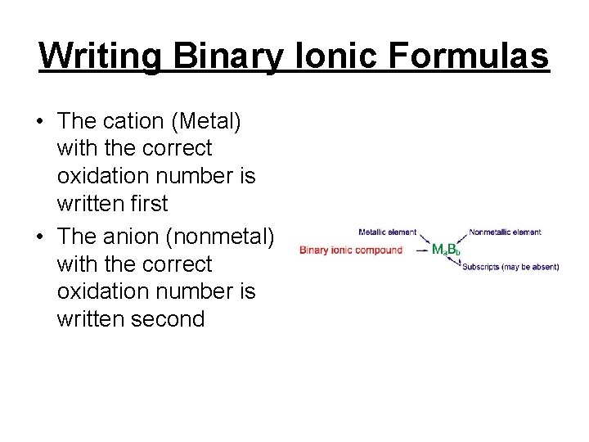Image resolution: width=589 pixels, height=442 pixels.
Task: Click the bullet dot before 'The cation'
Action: [x=39, y=122]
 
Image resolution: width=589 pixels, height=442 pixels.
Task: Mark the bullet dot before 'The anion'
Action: [x=39, y=237]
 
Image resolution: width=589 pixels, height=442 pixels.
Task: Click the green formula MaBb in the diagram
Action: [x=446, y=249]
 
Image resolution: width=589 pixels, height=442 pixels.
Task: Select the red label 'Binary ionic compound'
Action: [x=351, y=250]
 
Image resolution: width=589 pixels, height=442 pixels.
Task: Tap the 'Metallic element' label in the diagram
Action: [x=387, y=232]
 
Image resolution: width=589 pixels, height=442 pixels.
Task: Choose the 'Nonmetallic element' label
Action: [x=505, y=232]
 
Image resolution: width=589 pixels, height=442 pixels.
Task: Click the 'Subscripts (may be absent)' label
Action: [x=510, y=267]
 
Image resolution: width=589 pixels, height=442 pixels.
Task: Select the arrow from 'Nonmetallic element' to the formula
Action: [x=461, y=238]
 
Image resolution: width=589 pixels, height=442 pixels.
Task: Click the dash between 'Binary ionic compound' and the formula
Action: [x=420, y=249]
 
